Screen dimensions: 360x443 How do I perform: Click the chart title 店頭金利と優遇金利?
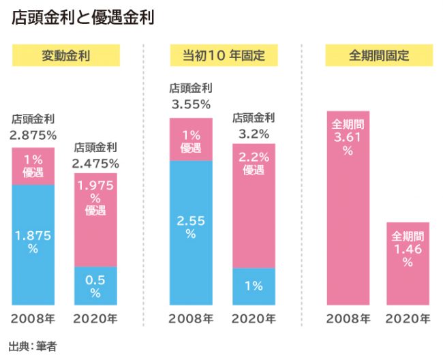[x=82, y=17]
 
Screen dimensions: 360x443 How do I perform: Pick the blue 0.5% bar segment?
[x=95, y=285]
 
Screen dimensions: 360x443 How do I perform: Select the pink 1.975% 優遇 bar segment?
[x=95, y=218]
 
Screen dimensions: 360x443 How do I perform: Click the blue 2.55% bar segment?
[x=191, y=232]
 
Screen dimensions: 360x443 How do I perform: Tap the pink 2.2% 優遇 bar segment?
[x=254, y=205]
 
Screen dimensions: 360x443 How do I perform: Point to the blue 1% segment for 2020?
[x=254, y=286]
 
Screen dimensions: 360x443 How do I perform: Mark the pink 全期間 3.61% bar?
[x=348, y=208]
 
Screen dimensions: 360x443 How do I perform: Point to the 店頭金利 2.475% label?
[x=95, y=155]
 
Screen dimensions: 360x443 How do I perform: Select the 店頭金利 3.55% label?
[x=191, y=97]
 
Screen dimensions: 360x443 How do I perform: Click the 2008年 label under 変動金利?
[x=33, y=318]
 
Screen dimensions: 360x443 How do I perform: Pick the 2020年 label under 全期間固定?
[x=408, y=318]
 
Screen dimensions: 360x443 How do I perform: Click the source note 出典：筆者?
[x=32, y=346]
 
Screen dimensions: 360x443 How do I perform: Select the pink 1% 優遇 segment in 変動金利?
[x=33, y=166]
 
